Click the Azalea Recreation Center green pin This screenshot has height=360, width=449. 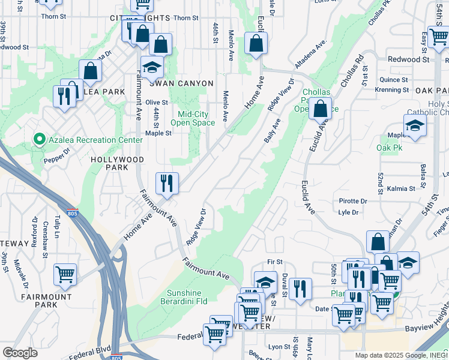[40, 140]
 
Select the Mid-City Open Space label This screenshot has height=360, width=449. [193, 119]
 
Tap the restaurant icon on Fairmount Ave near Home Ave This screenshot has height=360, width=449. [167, 182]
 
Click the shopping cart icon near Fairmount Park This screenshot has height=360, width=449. [65, 274]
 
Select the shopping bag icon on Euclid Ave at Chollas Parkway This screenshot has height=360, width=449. [321, 109]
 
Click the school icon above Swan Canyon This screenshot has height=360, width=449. [152, 67]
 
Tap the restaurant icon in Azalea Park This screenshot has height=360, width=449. [64, 95]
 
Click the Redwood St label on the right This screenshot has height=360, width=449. [409, 59]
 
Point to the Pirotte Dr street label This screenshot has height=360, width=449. [352, 201]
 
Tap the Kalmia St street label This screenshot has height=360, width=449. [402, 188]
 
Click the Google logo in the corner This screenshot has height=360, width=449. [20, 352]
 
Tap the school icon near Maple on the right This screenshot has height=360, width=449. [414, 126]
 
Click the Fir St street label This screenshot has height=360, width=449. [275, 262]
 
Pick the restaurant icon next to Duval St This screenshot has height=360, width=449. [301, 288]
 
